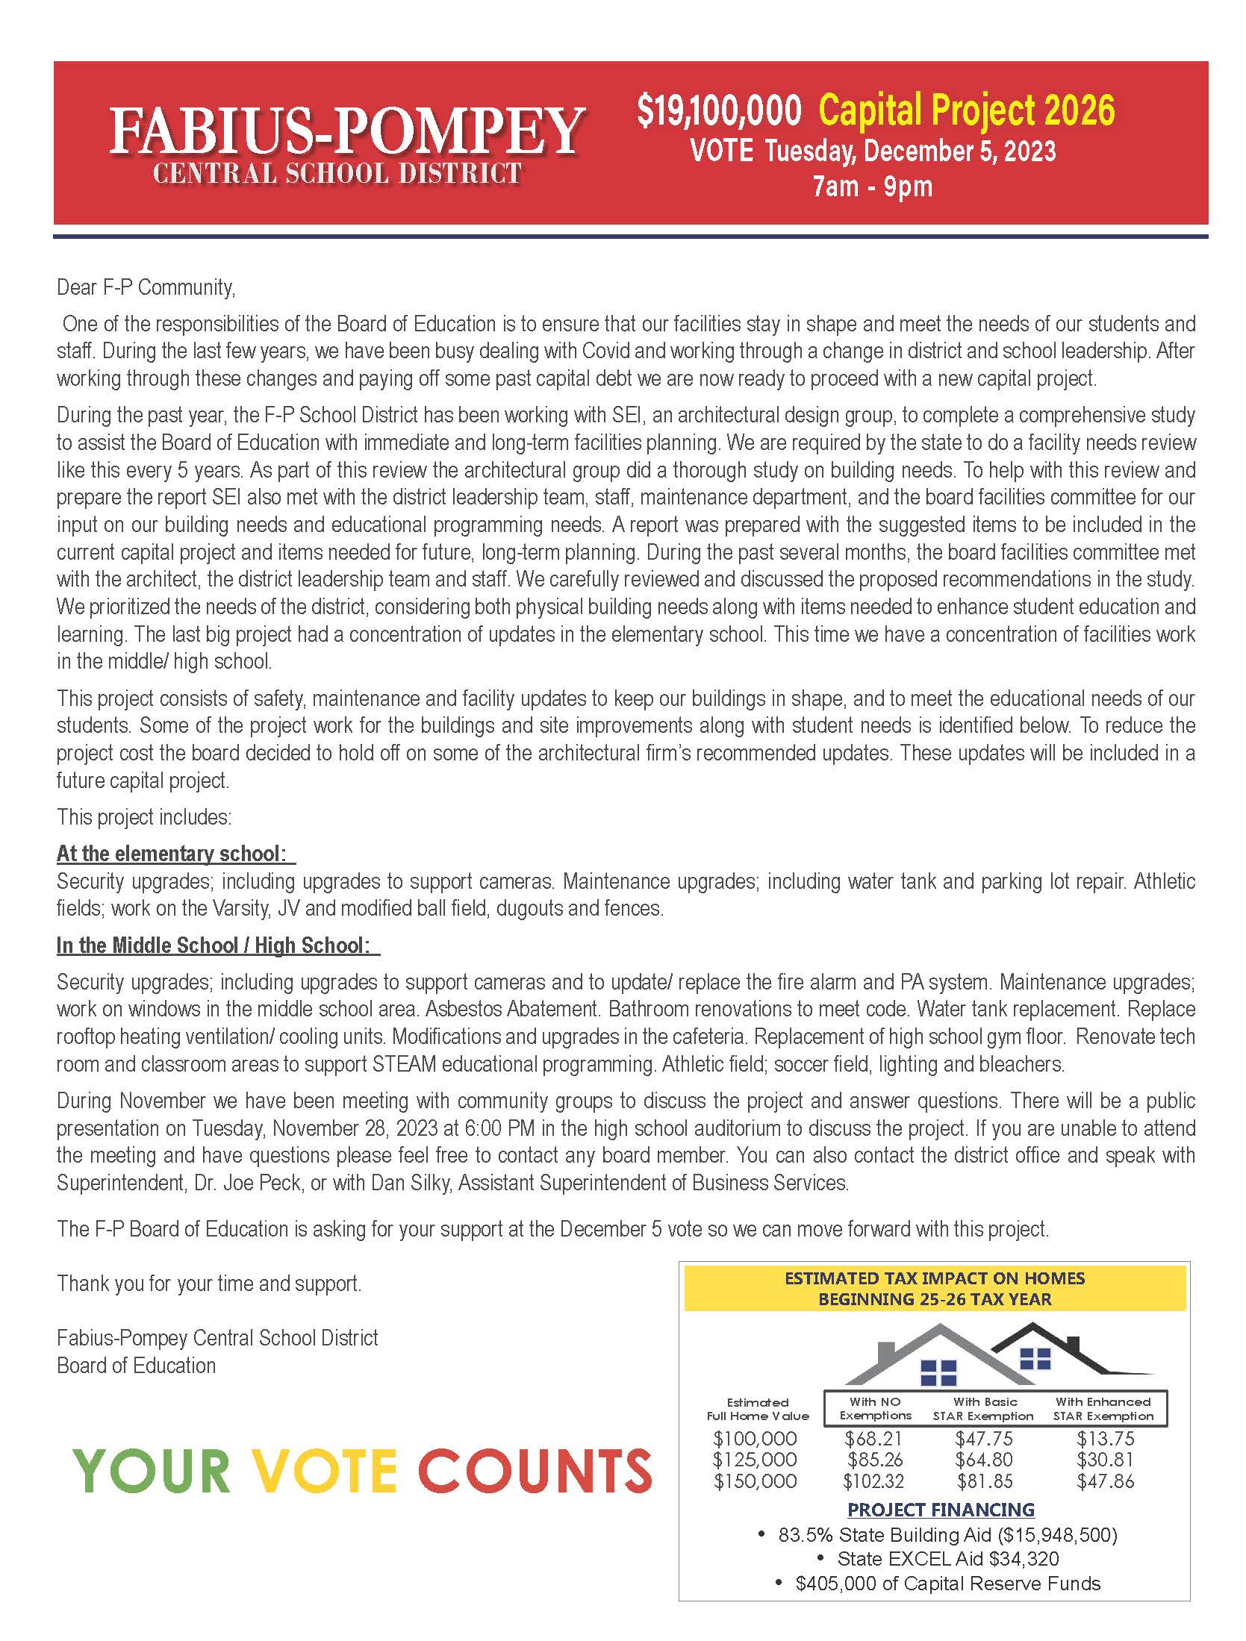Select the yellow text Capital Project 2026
(967, 110)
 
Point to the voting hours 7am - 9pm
(873, 186)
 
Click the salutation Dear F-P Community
(146, 287)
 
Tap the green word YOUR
(152, 1470)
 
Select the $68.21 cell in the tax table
(873, 1438)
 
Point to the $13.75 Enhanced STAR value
(1105, 1438)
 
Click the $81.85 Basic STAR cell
(983, 1481)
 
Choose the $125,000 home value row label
(755, 1460)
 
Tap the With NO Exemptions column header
(875, 1408)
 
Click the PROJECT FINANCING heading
(941, 1510)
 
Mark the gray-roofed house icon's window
(938, 1372)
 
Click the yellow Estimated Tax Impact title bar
(935, 1288)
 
